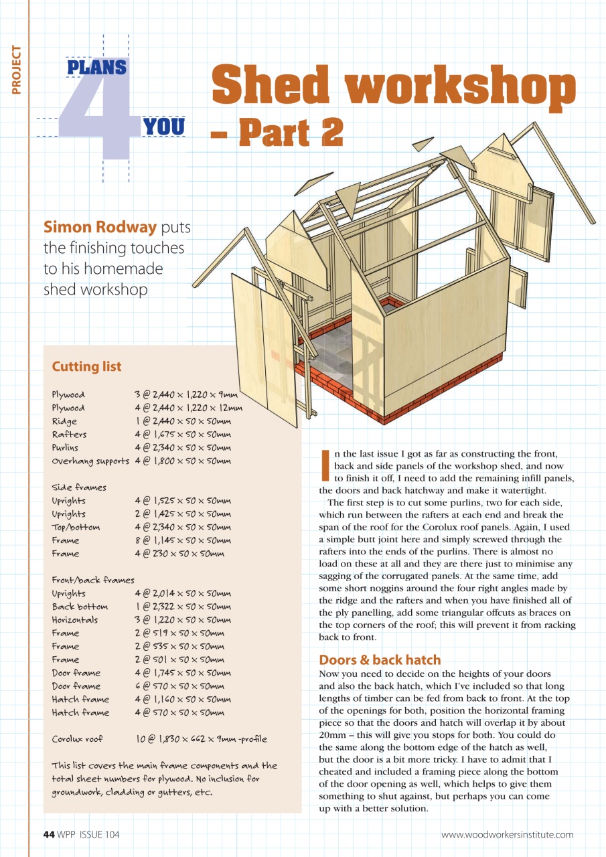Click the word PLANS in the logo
tap(97, 67)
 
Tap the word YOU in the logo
tap(164, 127)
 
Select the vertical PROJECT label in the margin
tap(16, 69)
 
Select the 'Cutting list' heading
tap(86, 366)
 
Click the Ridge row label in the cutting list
tap(64, 421)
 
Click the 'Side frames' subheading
tap(79, 487)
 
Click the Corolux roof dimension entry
tap(200, 739)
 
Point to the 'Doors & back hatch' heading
tap(380, 659)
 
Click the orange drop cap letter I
tap(325, 465)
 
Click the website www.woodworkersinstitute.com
tap(507, 834)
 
